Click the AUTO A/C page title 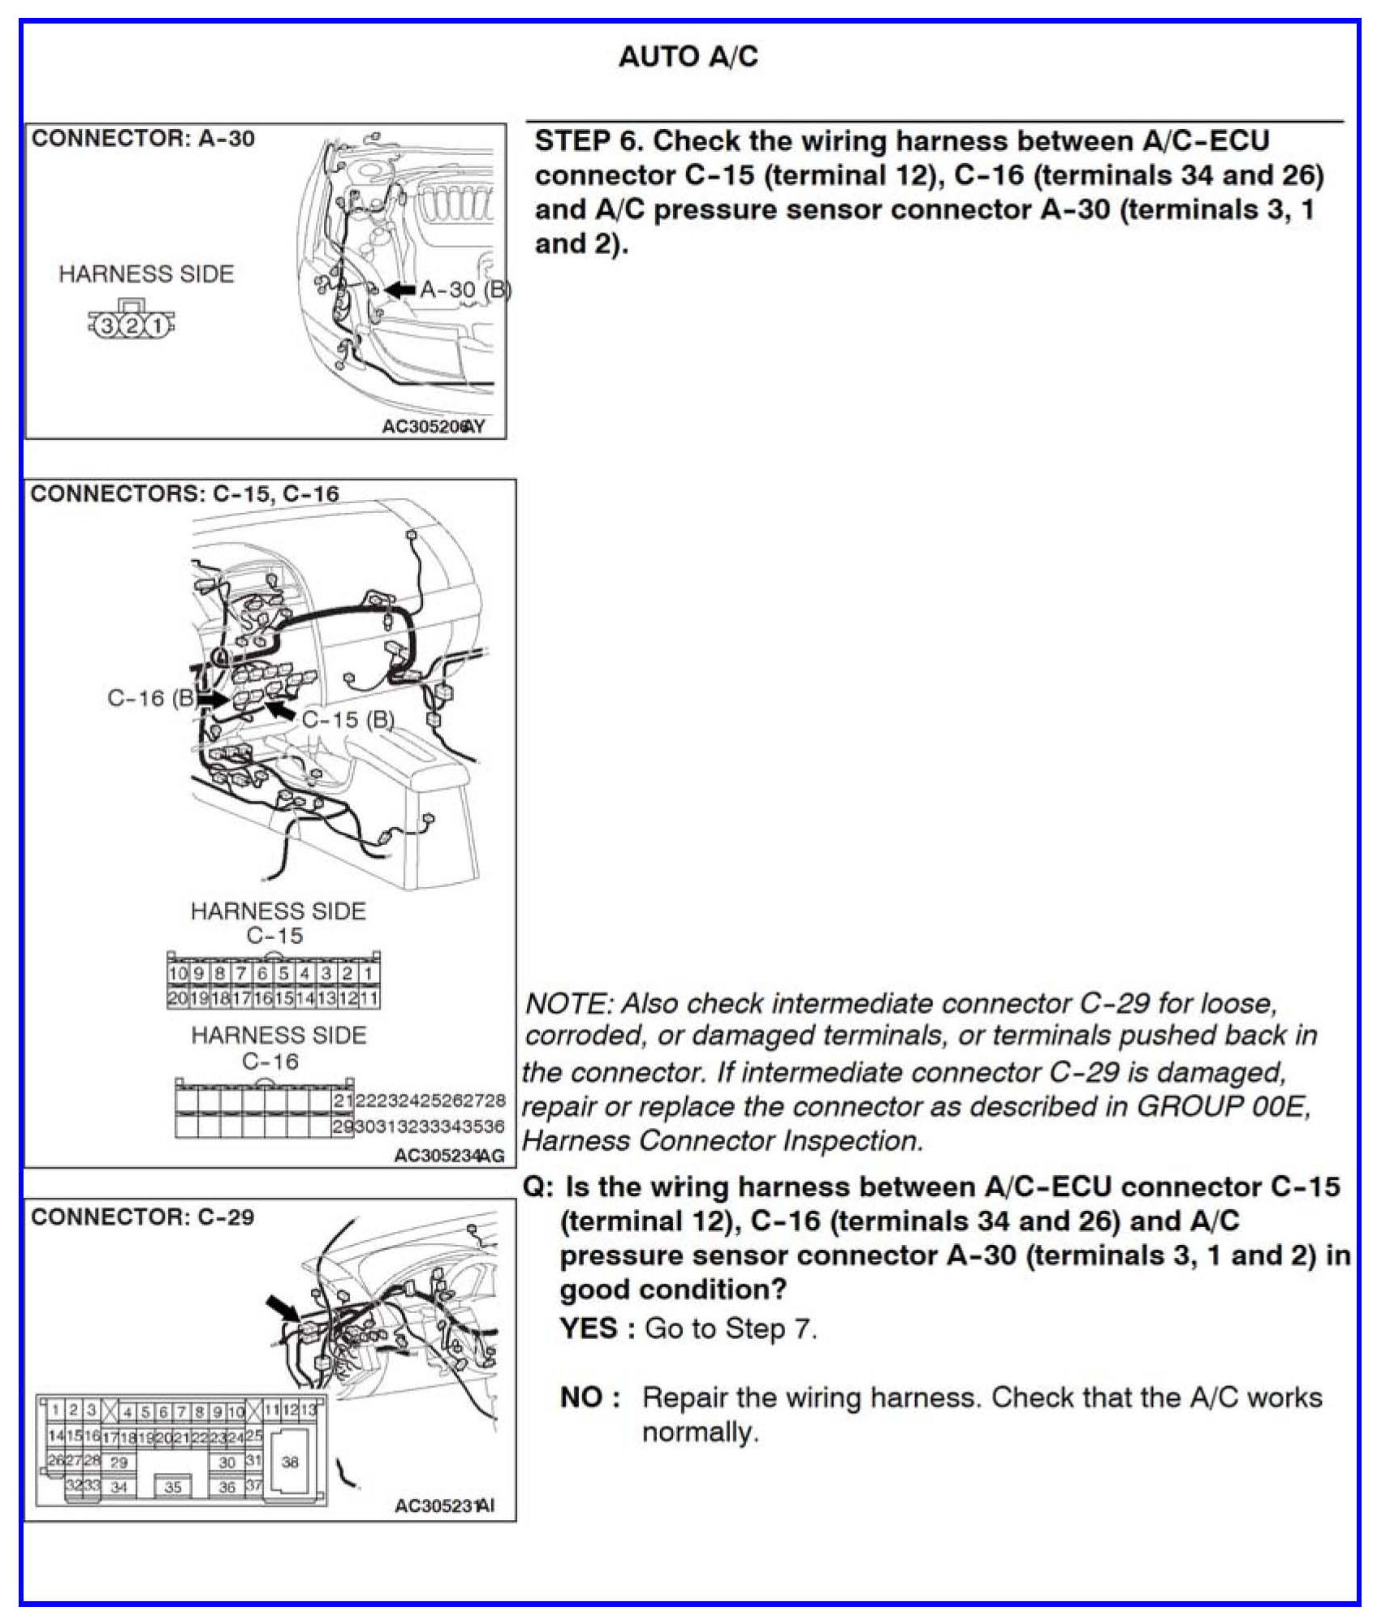click(688, 57)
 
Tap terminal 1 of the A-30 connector click(158, 327)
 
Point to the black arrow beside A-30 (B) click(399, 290)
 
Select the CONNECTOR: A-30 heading click(143, 139)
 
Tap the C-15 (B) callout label click(348, 720)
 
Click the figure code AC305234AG click(448, 1155)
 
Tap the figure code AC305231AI click(443, 1506)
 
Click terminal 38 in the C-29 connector click(290, 1462)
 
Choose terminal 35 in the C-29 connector click(173, 1487)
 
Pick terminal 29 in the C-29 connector click(119, 1462)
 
